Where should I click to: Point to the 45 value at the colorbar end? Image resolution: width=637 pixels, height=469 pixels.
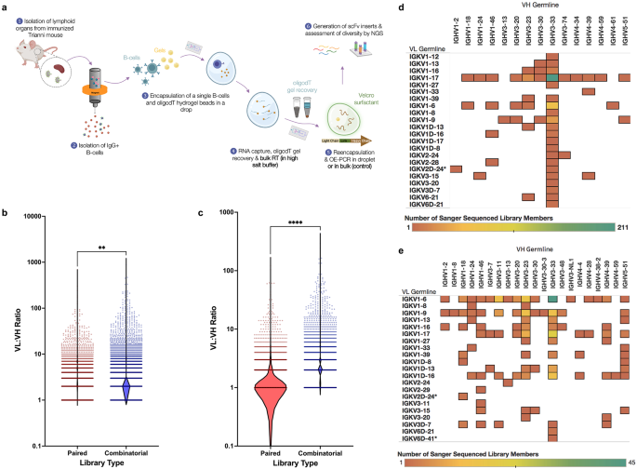point(620,462)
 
